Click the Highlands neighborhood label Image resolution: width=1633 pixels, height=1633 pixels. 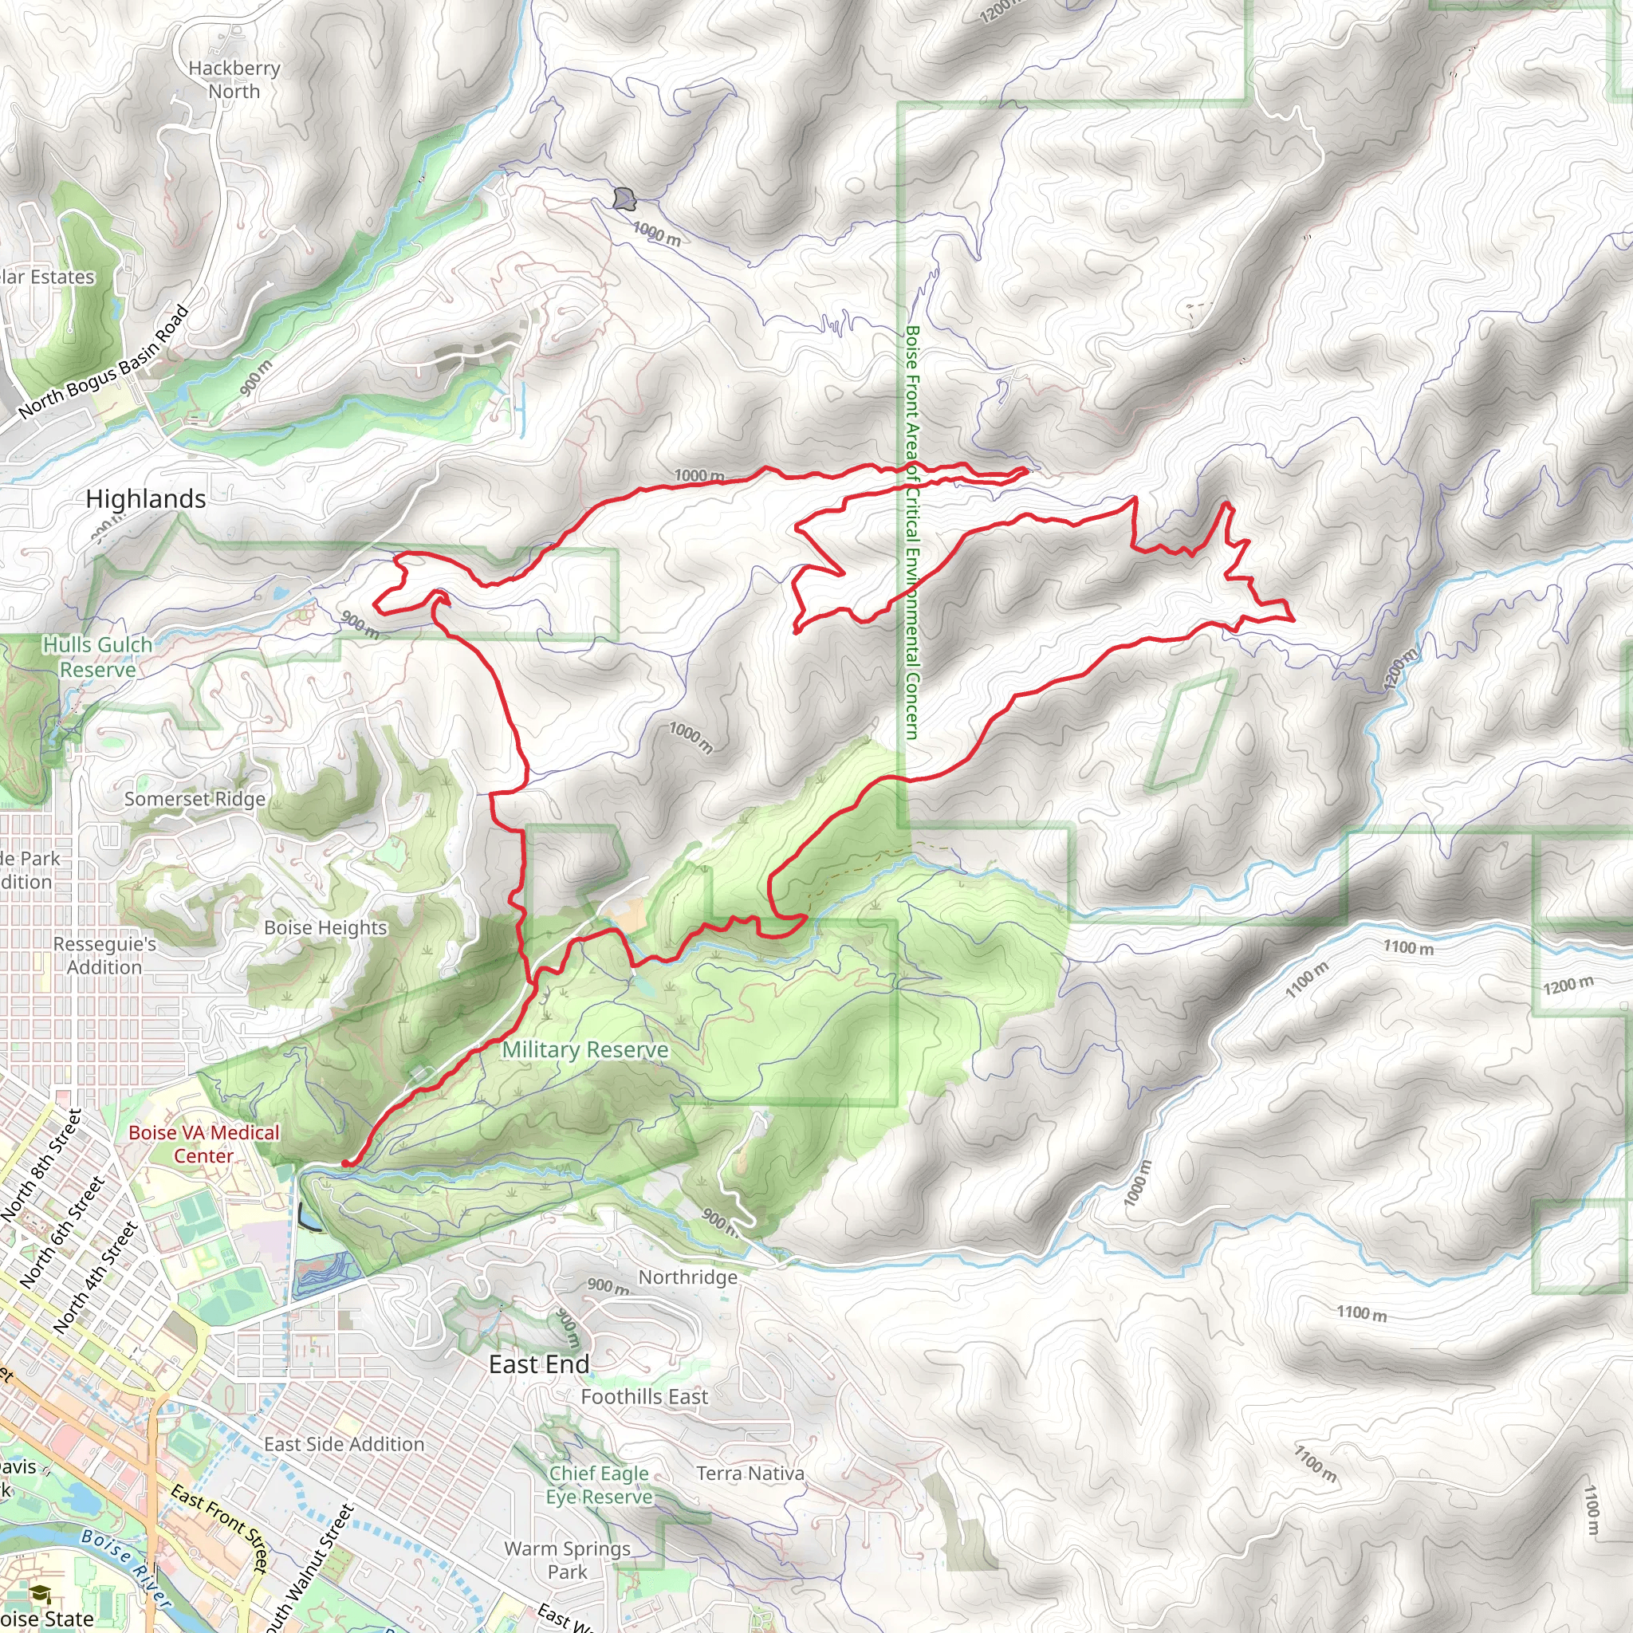145,499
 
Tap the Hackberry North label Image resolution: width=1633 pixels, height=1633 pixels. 234,80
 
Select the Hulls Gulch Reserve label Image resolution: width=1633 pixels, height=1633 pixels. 98,657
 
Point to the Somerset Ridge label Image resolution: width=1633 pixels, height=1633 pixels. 195,799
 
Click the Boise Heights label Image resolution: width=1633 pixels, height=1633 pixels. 325,927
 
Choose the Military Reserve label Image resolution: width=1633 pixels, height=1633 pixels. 585,1050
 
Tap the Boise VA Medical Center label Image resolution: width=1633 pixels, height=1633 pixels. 203,1144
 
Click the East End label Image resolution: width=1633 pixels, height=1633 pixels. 539,1364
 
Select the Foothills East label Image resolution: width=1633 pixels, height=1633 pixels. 644,1397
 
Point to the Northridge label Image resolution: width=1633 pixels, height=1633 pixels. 687,1277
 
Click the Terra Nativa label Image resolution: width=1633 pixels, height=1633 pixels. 750,1474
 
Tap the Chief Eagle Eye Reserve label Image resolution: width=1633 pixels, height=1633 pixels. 600,1485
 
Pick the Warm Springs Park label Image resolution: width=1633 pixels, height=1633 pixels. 567,1560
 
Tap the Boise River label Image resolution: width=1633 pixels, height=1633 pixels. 127,1568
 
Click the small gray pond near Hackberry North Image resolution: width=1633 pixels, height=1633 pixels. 624,199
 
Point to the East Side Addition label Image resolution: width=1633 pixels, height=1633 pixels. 344,1445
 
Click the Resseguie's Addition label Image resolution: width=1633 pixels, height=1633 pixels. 104,955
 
